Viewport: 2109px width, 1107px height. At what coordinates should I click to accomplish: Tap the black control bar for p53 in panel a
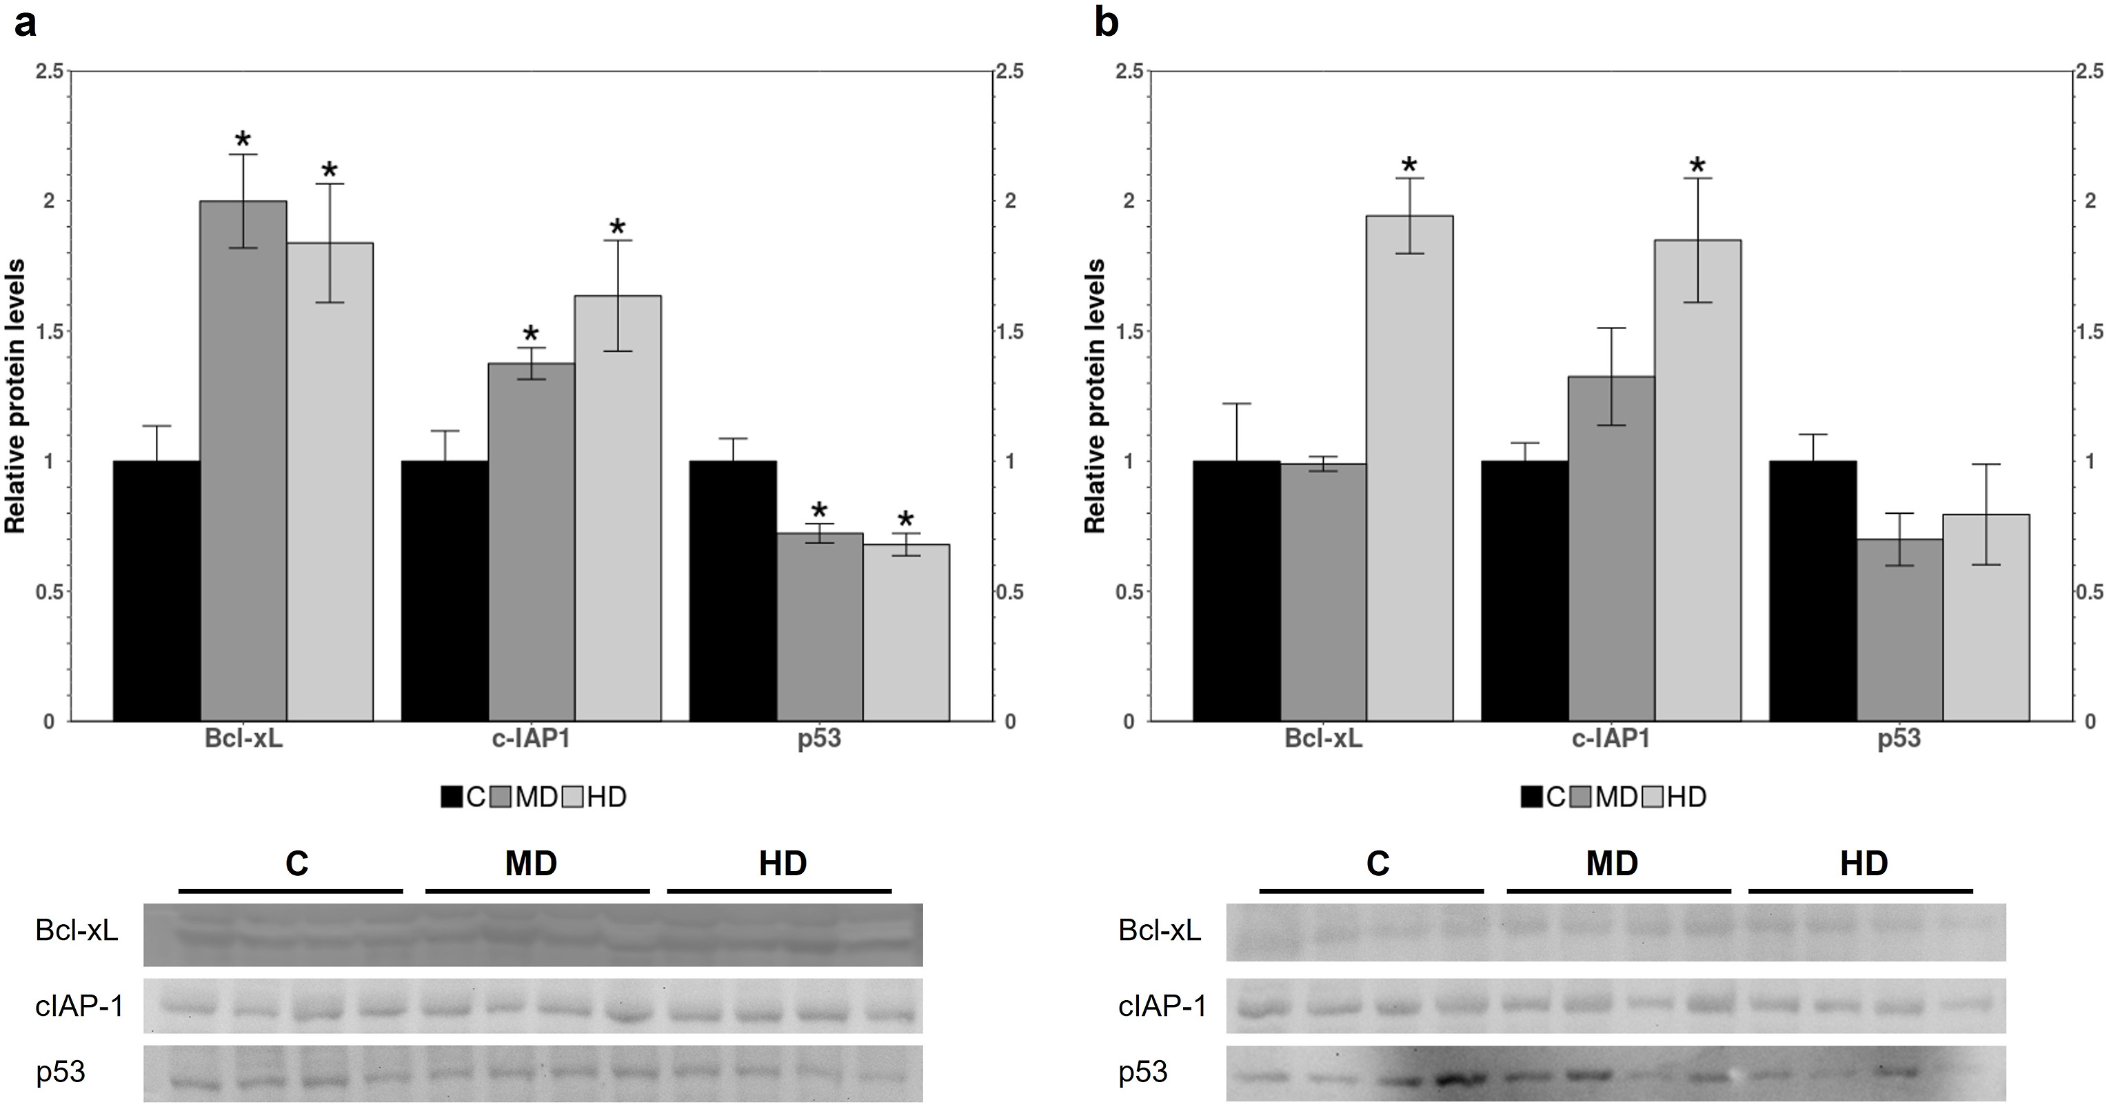[733, 590]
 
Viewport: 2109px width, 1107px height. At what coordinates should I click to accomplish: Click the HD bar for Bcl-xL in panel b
[1409, 468]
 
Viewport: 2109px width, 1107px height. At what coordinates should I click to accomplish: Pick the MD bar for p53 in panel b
[1899, 630]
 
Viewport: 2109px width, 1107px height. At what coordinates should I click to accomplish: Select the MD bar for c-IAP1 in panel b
[1611, 548]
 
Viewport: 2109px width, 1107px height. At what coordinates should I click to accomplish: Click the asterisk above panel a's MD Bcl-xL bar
[243, 139]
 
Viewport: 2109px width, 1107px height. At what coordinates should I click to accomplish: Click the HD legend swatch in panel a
[573, 797]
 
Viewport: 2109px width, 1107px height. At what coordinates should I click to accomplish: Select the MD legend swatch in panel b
[1582, 797]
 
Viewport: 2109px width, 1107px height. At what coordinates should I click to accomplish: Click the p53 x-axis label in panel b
[1899, 739]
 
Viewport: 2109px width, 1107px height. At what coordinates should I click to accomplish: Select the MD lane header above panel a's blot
[531, 863]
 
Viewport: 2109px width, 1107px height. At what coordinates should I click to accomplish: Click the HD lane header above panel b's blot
[1864, 863]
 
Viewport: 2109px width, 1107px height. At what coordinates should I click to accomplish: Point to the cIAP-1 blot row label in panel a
[79, 1006]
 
